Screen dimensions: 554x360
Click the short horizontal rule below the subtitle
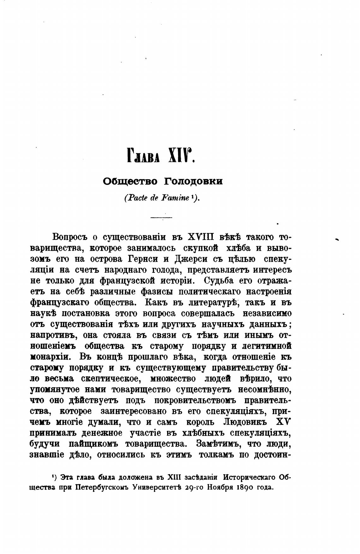[161, 218]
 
